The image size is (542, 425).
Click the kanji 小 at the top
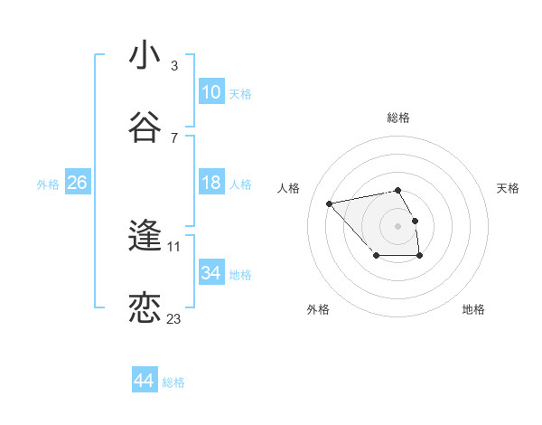(x=145, y=56)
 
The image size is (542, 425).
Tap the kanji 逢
(x=145, y=237)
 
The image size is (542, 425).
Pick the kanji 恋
(x=145, y=308)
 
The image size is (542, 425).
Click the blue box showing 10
(x=210, y=92)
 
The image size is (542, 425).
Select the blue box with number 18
(x=210, y=183)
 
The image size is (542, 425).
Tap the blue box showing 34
(x=210, y=273)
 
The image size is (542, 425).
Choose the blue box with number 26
(x=77, y=183)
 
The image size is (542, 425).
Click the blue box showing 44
(x=145, y=381)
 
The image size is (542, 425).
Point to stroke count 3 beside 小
(x=174, y=66)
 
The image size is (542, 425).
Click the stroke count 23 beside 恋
(x=174, y=318)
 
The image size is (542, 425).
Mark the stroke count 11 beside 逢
(x=174, y=246)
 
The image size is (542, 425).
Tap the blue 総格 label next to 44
(x=173, y=382)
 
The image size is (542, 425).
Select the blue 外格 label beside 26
(x=48, y=184)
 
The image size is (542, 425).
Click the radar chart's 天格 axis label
(x=508, y=188)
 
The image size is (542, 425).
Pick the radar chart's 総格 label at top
(x=398, y=118)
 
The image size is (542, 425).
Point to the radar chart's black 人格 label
(x=288, y=188)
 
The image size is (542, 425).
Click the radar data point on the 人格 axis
(x=330, y=203)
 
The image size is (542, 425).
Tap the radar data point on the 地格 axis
(x=420, y=256)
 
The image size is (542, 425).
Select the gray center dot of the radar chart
(x=397, y=225)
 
